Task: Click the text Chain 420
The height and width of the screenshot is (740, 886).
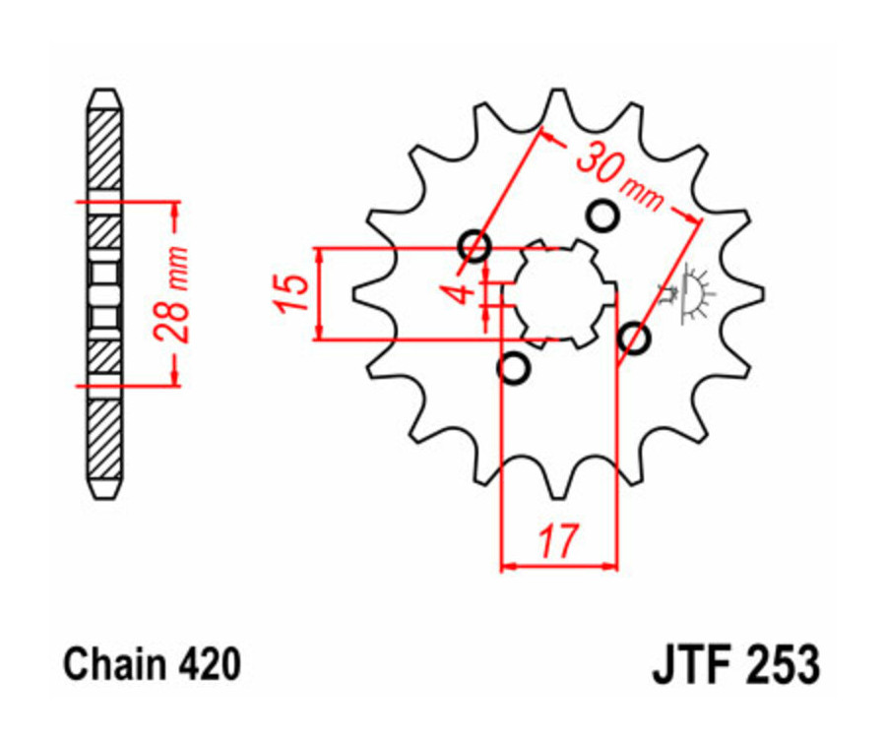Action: [152, 665]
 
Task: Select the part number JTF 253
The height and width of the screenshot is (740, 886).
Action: [734, 665]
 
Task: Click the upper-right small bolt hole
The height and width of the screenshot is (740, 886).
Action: [601, 216]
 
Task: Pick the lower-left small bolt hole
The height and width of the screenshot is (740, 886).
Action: [514, 368]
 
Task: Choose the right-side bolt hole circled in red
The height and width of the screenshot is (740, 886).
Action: [635, 339]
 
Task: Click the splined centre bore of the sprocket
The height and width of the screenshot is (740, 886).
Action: [558, 292]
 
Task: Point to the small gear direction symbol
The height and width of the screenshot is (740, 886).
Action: [693, 295]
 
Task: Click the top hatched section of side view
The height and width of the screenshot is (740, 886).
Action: [104, 148]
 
